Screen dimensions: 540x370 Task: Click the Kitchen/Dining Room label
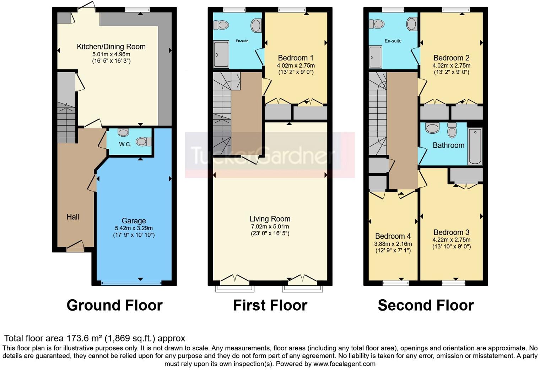pos(111,47)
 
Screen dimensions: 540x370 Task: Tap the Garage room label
pos(134,221)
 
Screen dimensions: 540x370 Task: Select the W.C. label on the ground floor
pos(125,144)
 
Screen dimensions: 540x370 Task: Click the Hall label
pos(73,217)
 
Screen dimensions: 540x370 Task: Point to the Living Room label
pos(270,219)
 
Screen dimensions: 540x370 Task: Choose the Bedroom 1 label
pos(296,58)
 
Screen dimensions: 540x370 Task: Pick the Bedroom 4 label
pos(393,236)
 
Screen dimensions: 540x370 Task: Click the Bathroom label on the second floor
pos(448,145)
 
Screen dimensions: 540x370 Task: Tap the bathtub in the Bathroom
pos(475,146)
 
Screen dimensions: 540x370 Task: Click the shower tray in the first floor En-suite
pos(221,54)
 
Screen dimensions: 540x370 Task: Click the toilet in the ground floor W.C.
pos(144,142)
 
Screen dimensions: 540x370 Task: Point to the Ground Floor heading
pos(114,306)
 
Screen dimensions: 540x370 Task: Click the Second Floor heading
pos(426,306)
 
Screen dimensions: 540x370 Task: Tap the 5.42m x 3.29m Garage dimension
pos(134,228)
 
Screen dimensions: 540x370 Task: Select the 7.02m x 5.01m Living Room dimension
pos(270,227)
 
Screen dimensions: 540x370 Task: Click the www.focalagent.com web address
pos(344,364)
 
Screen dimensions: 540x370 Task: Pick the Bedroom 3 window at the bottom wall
pos(453,283)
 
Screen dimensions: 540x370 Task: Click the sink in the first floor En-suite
pos(256,25)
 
